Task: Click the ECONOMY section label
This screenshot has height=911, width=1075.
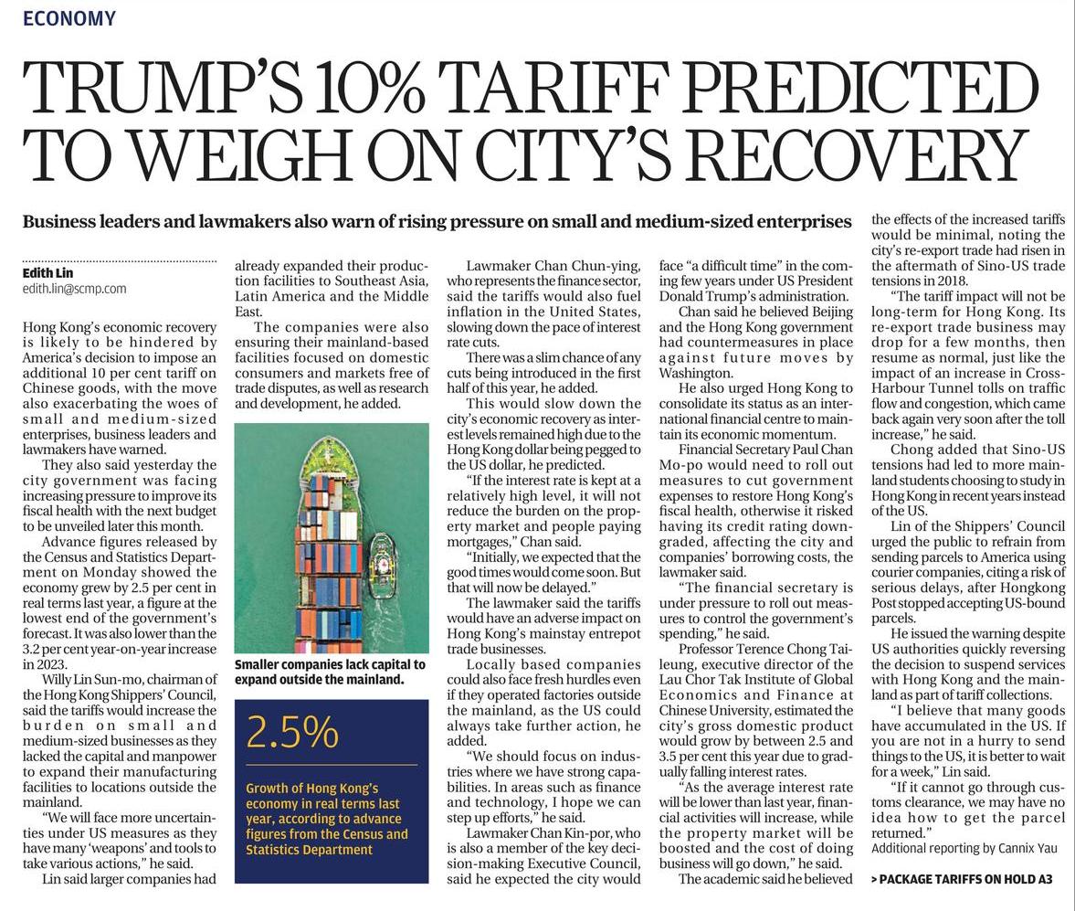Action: (x=69, y=18)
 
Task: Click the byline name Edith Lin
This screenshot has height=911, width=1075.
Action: (x=47, y=273)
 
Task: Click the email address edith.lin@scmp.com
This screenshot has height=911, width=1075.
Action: (x=74, y=289)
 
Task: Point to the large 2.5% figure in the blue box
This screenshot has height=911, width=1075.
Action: (x=292, y=732)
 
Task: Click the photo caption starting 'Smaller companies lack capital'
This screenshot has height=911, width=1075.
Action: (x=330, y=672)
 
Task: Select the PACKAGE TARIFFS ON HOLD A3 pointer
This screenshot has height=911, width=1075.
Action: (x=962, y=879)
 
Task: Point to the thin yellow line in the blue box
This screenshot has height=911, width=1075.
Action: (x=332, y=764)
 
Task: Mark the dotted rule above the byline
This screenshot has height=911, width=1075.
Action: (x=120, y=261)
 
